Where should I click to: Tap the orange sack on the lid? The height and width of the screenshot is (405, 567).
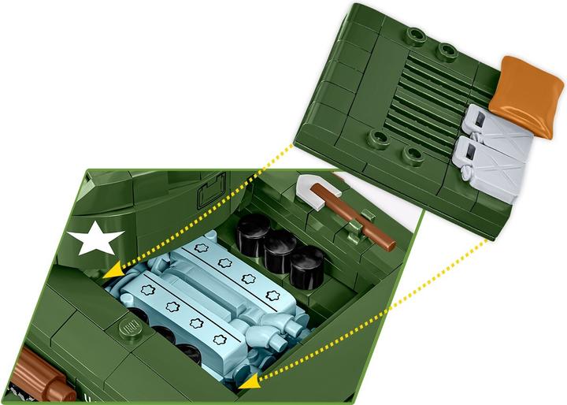(521, 94)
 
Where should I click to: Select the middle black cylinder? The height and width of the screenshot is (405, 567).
(280, 248)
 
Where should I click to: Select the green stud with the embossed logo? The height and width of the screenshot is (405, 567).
(128, 328)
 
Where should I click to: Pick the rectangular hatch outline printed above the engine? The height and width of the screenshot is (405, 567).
(211, 189)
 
